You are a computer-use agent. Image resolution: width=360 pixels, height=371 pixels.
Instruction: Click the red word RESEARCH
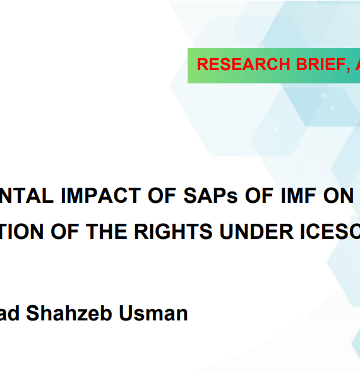pos(243,64)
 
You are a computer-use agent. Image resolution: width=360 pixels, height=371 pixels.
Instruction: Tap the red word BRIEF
pos(321,64)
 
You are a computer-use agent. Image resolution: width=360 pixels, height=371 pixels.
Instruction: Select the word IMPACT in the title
pos(101,195)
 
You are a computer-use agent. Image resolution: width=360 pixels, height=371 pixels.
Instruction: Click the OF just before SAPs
pos(162,195)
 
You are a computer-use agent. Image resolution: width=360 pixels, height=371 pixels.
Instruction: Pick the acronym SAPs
pos(210,195)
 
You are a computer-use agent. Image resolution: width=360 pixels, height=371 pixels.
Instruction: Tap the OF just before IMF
pos(260,195)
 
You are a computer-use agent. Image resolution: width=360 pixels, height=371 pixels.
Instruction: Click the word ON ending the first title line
pos(339,195)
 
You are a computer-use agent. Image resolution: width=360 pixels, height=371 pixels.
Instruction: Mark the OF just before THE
pos(65,231)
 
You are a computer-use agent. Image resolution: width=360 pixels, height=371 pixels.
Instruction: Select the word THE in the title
pos(106,231)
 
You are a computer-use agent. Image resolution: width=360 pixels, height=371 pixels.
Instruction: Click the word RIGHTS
pos(173,231)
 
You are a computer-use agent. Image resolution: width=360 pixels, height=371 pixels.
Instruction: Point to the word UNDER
pos(256,231)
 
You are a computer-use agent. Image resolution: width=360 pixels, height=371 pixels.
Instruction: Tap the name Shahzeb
pos(69,313)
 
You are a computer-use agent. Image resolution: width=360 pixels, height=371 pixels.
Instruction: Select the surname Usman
pos(153,313)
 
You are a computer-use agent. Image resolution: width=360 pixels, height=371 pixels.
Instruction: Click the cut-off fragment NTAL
pos(27,195)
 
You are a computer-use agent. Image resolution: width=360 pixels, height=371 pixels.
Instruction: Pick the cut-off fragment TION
pos(21,231)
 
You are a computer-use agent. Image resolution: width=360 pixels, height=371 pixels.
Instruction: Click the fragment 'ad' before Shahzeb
pos(9,313)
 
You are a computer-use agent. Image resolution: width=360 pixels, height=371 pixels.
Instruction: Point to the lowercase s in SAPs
pos(232,198)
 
